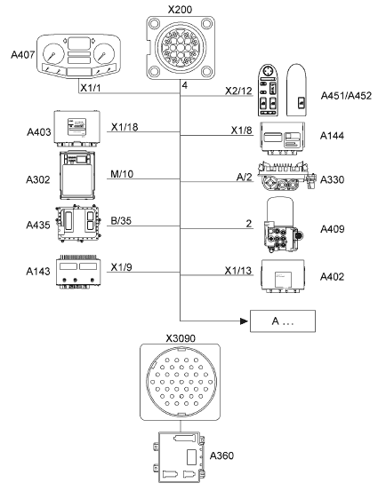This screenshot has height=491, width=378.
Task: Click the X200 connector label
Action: pos(180,9)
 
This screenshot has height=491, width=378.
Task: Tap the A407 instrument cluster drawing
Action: pos(79,56)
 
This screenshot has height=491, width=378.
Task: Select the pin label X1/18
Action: pos(125,127)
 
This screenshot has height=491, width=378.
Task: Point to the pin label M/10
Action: pos(122,174)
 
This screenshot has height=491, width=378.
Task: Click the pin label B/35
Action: pos(121,221)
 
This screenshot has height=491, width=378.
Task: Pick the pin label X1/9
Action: pos(121,267)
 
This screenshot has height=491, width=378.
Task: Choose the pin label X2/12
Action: pos(238,91)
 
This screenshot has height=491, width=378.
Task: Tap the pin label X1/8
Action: pos(242,131)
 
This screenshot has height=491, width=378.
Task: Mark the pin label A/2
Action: pos(245,178)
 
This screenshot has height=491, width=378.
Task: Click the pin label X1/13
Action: pos(238,271)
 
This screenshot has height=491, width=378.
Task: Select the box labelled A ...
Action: pos(283,321)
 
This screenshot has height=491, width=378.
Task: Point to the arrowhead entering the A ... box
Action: pos(244,321)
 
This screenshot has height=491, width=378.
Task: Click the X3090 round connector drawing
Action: pos(180,382)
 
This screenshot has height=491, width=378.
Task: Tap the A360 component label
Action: pos(221,455)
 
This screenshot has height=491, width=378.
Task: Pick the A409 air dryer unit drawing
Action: pos(282,225)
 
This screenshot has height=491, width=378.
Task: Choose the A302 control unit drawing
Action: pos(77,176)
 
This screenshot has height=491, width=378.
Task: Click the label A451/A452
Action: pos(346,96)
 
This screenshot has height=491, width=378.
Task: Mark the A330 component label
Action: pos(332,179)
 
